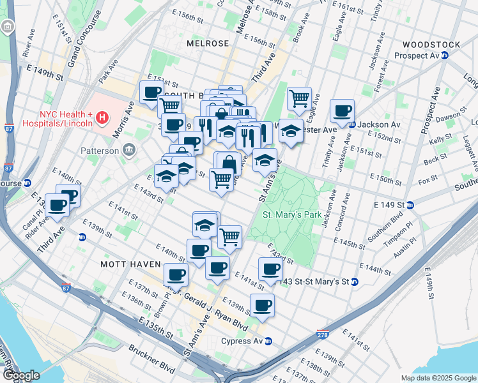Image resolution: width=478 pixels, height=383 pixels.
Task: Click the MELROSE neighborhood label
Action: [208, 43]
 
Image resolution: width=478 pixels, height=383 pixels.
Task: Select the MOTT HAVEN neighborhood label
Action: [126, 263]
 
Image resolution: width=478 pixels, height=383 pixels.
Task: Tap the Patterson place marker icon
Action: [128, 151]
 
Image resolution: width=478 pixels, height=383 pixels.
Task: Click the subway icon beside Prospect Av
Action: [445, 55]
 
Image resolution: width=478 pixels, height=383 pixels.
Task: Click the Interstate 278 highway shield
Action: [323, 334]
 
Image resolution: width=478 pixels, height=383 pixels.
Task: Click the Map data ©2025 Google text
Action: [438, 378]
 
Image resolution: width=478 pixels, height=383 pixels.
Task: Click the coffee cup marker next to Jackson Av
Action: [342, 110]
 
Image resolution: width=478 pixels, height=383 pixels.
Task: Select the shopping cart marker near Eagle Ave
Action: [298, 98]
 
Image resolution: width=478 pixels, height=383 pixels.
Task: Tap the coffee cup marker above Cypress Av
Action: [262, 304]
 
